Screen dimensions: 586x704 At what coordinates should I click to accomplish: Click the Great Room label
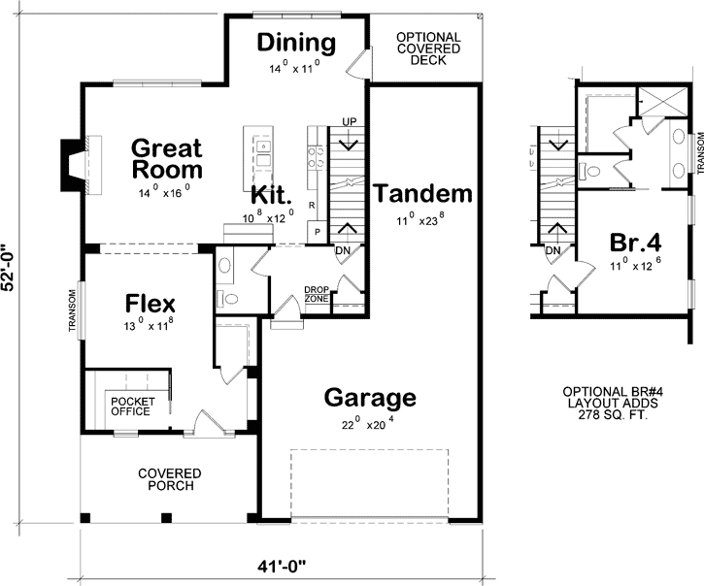(166, 159)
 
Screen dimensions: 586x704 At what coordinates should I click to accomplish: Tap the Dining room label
(297, 44)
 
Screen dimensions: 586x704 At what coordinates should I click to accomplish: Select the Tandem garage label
(422, 193)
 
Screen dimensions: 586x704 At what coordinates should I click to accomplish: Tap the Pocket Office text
(130, 406)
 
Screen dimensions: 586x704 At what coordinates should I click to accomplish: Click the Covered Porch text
(169, 479)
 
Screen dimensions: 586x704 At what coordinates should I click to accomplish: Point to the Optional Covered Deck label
(427, 49)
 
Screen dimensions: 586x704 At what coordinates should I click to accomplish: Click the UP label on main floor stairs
(349, 120)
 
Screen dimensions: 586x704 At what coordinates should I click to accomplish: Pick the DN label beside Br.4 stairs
(553, 250)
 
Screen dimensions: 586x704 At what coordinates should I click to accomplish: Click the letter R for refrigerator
(311, 206)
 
